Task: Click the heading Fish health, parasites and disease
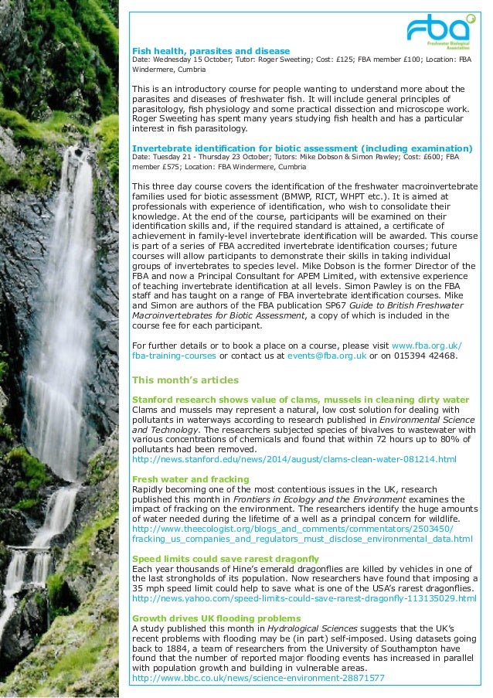[211, 50]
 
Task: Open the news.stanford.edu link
[294, 459]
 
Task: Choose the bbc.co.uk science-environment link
[258, 678]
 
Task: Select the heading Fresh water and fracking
[191, 479]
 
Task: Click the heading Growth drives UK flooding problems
[216, 618]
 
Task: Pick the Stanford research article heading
[301, 399]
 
